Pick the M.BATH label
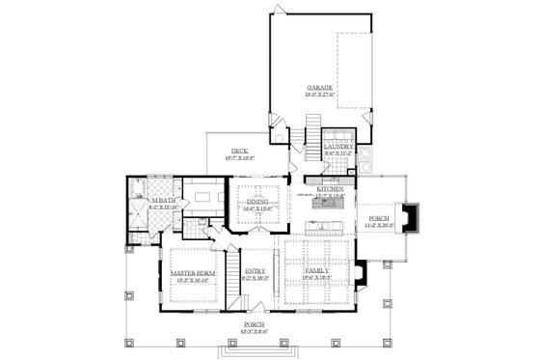coord(161,200)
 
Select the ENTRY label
coord(255,271)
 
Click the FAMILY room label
coord(318,271)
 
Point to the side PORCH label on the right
coord(379,219)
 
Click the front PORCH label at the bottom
coord(254,324)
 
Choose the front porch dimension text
coord(254,332)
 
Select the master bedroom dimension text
coord(191,280)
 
